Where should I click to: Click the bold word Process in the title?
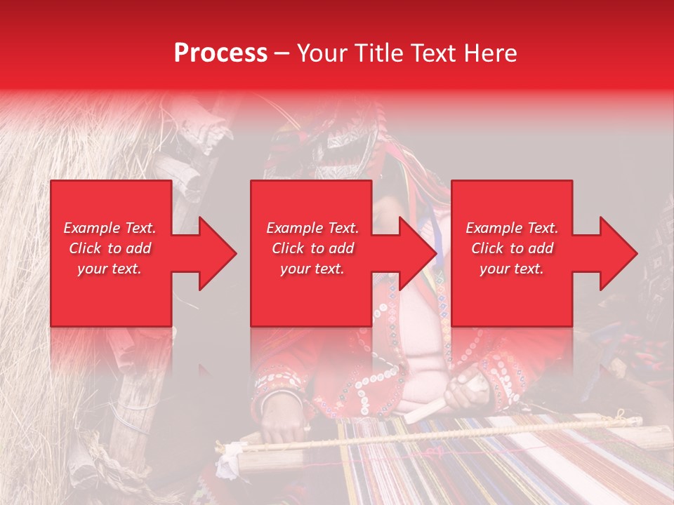tap(220, 53)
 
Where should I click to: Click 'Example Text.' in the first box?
tap(110, 228)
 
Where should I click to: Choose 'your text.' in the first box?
tap(110, 269)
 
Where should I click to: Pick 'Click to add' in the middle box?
tap(312, 248)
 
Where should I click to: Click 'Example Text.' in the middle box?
tap(312, 228)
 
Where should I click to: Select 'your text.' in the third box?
tap(512, 269)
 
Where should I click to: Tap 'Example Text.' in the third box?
tap(512, 228)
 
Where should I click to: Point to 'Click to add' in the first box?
tap(110, 248)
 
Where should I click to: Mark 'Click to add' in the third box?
tap(512, 248)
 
